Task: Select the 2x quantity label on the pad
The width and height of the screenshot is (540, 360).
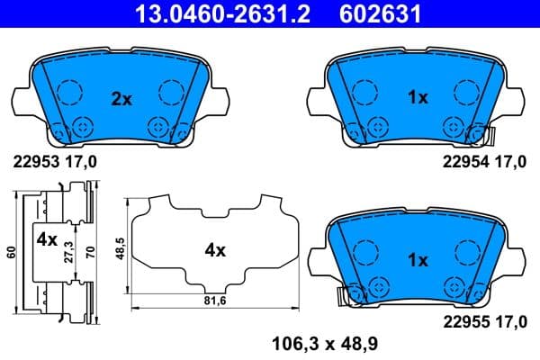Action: tap(121, 99)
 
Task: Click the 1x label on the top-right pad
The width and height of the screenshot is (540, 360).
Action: tap(417, 99)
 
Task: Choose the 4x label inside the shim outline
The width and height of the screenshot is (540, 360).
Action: tap(214, 251)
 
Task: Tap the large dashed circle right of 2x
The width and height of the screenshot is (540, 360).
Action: tap(171, 92)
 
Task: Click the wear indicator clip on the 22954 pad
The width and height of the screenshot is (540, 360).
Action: tap(490, 136)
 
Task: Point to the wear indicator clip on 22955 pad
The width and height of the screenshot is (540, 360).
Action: tap(340, 294)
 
